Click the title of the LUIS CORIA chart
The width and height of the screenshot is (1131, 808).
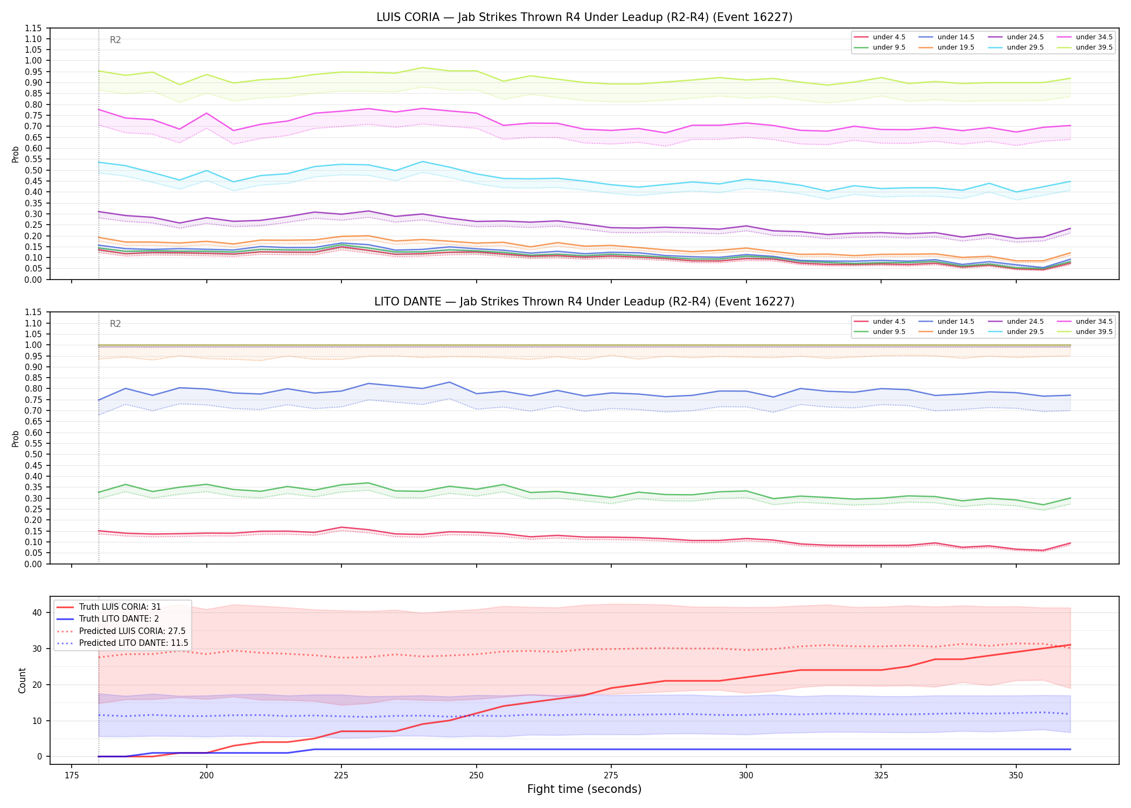coord(584,17)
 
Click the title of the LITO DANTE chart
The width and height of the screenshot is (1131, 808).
coord(584,302)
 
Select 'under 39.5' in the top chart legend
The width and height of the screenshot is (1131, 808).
coord(1094,47)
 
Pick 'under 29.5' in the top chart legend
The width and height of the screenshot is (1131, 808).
coord(1025,47)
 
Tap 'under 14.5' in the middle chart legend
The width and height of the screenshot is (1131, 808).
coord(955,322)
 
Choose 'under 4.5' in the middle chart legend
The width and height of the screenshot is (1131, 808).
coord(889,322)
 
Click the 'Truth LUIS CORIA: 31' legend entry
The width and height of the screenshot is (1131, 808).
coord(120,607)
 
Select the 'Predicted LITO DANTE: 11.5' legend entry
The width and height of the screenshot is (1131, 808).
coord(134,643)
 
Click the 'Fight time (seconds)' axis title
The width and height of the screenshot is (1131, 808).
coord(584,789)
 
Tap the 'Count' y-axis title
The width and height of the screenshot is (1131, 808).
coord(22,680)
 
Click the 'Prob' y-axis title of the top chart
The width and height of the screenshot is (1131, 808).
coord(16,154)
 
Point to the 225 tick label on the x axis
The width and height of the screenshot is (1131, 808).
coord(341,775)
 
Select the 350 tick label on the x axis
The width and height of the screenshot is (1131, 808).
coord(1016,775)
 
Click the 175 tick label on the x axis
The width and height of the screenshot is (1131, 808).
coord(72,775)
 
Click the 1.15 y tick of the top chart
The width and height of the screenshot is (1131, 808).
coord(34,28)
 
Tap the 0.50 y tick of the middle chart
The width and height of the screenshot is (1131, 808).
coord(34,455)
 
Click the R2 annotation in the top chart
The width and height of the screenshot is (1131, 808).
coord(115,40)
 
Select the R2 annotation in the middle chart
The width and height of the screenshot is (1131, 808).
coord(115,324)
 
